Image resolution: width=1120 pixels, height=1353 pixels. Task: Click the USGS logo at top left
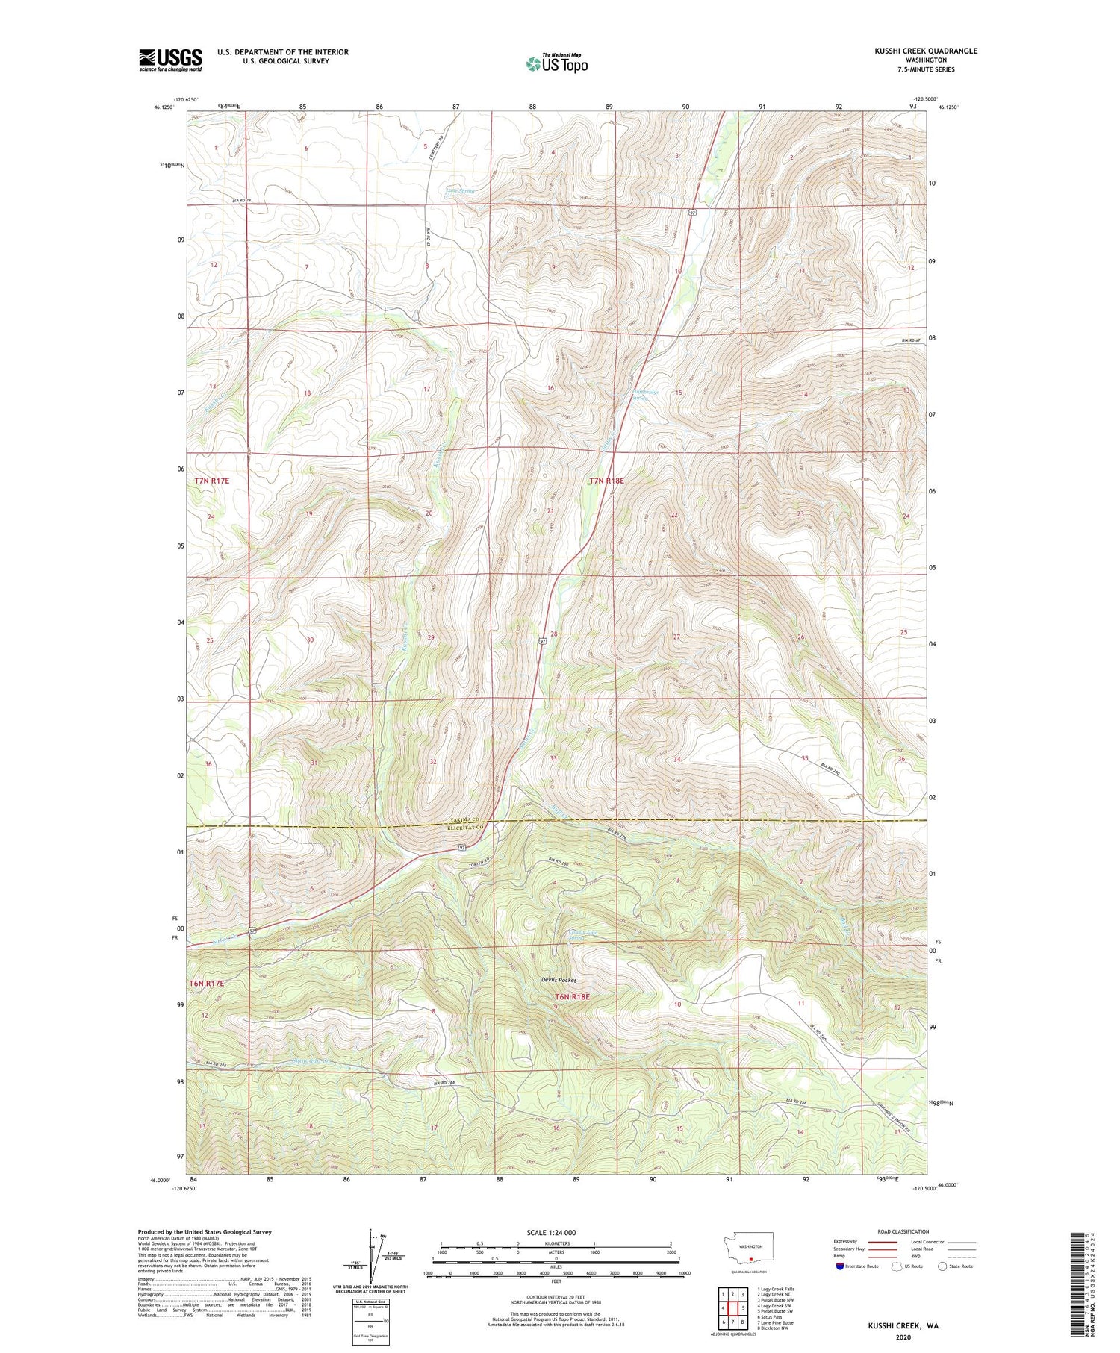tap(170, 60)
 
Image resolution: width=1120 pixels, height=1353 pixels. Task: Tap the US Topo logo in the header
tap(556, 63)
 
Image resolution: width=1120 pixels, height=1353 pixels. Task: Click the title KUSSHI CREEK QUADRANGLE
tap(916, 51)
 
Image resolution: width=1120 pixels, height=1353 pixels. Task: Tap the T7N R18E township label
tap(606, 481)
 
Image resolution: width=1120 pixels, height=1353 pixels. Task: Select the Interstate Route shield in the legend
tap(840, 1266)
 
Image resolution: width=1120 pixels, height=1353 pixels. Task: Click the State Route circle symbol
tap(943, 1266)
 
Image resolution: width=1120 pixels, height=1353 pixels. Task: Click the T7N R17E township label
tap(211, 481)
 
